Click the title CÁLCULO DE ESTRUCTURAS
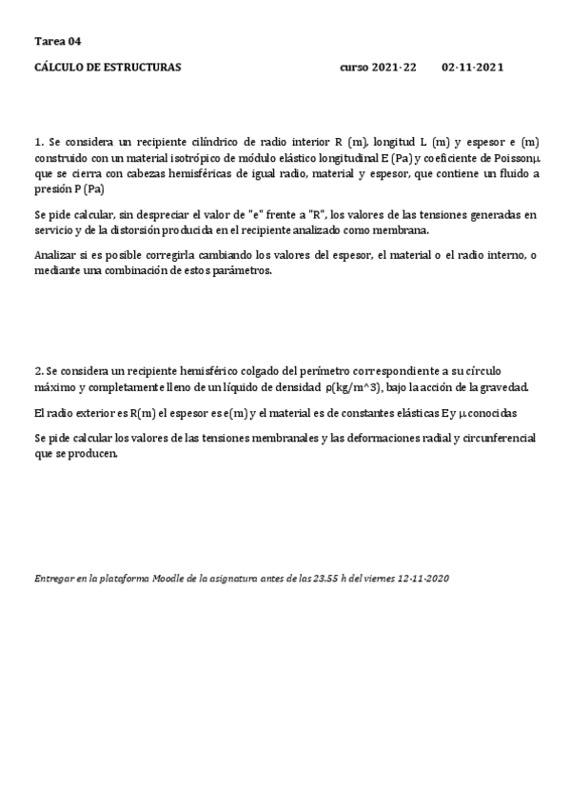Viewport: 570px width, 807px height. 108,68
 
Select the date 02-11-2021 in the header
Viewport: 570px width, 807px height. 473,68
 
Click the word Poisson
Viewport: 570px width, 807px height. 509,157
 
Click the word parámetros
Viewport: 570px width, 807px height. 245,270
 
